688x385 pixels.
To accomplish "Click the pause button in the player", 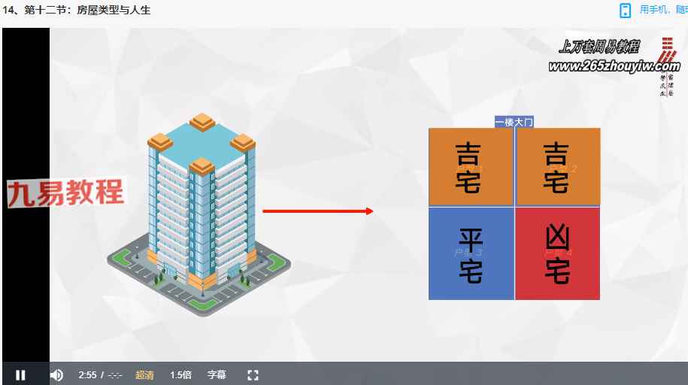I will [21, 374].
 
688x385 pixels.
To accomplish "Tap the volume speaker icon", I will [56, 374].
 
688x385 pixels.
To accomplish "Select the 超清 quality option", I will [145, 374].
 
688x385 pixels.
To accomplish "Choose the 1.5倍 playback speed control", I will [180, 374].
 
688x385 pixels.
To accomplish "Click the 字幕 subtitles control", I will [217, 374].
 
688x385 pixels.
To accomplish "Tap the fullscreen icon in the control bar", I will [253, 374].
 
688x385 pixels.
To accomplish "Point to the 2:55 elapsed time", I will [87, 374].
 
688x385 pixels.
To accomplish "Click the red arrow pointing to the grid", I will [318, 211].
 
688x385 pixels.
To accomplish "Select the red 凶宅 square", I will [557, 253].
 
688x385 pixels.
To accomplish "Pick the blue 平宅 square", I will [471, 253].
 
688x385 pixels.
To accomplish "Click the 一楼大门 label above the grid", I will [514, 122].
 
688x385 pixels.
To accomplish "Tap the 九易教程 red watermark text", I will [66, 193].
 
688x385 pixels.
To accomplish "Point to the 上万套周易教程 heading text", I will [599, 47].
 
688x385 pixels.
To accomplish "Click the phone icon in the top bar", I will [625, 10].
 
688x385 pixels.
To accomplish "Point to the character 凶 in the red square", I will [557, 238].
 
